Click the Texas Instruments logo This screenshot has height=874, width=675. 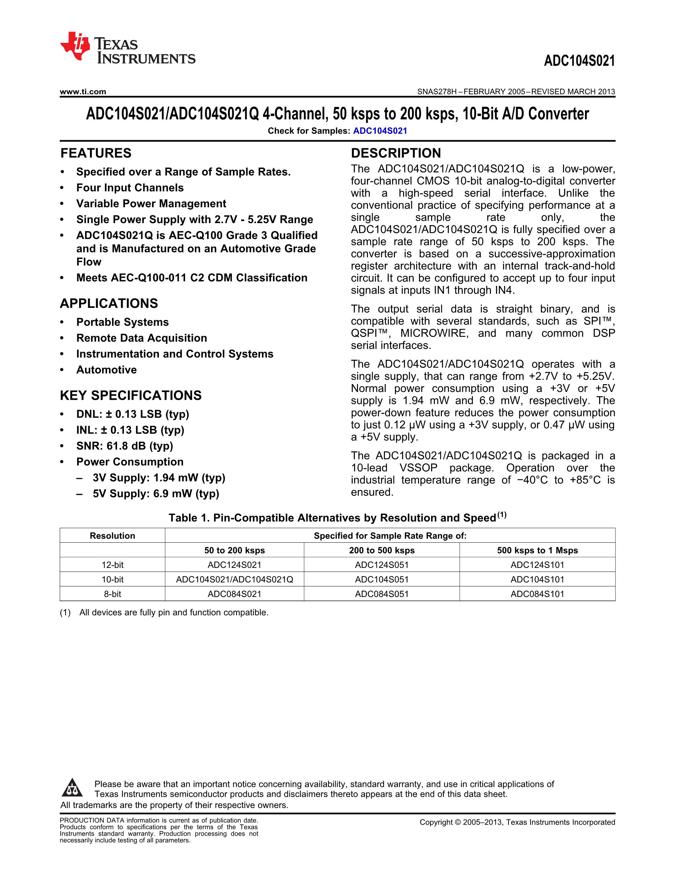127,48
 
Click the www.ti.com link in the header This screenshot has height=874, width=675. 83,92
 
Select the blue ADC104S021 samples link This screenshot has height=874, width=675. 380,131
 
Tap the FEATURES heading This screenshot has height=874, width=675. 96,153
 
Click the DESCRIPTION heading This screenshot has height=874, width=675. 396,153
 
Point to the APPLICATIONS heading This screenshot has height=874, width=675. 109,303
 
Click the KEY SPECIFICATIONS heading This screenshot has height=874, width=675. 130,395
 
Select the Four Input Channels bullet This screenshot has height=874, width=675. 130,188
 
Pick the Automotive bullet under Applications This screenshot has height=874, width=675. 106,370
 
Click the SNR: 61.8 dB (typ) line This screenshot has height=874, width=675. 124,446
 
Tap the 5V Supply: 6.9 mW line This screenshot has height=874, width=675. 156,493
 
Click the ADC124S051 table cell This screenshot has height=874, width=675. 381,565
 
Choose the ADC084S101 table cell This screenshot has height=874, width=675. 537,594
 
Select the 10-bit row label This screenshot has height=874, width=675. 112,579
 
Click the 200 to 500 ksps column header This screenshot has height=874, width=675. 381,550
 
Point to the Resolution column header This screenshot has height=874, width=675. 112,536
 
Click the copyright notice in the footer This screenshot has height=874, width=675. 517,822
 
